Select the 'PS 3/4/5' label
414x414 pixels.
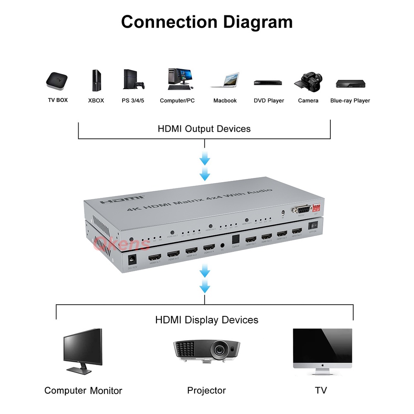click(133, 101)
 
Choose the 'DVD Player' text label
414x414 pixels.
click(269, 101)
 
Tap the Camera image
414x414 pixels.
click(308, 80)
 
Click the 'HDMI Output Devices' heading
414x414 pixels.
click(204, 129)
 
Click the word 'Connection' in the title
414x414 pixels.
click(168, 22)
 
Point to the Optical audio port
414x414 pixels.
click(236, 240)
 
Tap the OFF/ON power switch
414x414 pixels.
click(313, 225)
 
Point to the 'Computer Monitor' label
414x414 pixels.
click(83, 390)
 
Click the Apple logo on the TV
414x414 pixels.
click(322, 366)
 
